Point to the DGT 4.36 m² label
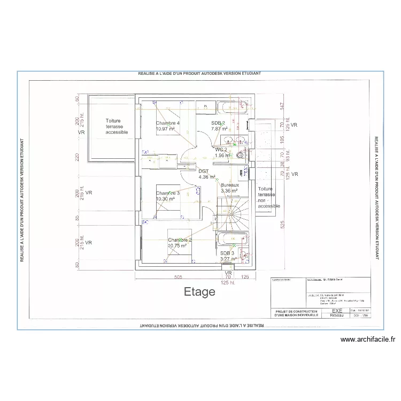[x=206, y=174]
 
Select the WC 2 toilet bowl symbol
[x=239, y=156]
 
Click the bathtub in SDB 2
[x=234, y=106]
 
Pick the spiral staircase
[x=234, y=211]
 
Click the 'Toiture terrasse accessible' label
[x=117, y=127]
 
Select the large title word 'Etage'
[x=199, y=292]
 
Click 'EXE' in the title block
[x=337, y=310]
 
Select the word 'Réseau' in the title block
[x=337, y=315]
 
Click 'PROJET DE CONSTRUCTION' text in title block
[x=296, y=311]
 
